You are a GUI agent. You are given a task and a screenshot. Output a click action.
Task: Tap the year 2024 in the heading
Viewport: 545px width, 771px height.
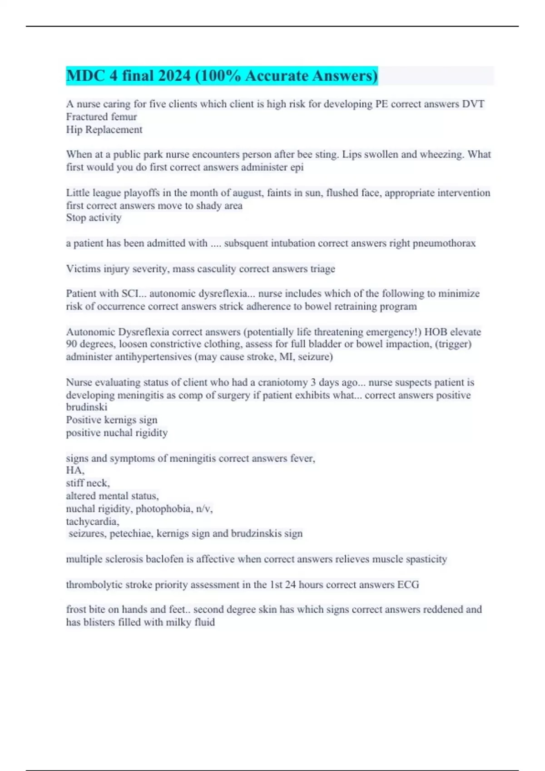(174, 76)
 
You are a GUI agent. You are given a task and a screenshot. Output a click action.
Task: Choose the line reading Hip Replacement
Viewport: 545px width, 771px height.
(104, 130)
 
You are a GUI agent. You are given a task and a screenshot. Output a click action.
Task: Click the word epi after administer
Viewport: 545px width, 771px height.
(297, 167)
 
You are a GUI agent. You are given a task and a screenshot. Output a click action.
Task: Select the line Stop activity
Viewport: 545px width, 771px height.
(94, 218)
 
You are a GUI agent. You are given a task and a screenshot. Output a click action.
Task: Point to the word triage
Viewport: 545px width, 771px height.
(322, 269)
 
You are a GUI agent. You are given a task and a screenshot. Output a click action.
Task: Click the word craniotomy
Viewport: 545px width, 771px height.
(283, 382)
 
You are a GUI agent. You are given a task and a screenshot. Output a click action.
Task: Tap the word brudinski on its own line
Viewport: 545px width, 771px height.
(86, 407)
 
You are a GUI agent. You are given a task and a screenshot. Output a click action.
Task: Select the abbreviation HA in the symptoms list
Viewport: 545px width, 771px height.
(74, 471)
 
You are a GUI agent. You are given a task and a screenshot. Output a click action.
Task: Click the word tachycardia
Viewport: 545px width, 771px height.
(92, 522)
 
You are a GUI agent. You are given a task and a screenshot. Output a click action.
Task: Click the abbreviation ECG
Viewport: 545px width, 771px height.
(408, 585)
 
